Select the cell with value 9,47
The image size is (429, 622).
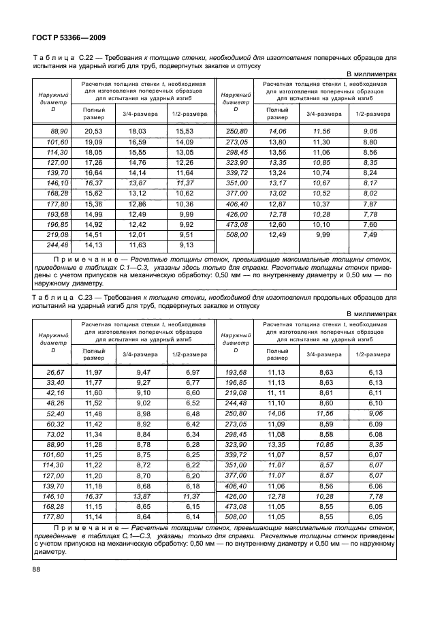142,371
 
